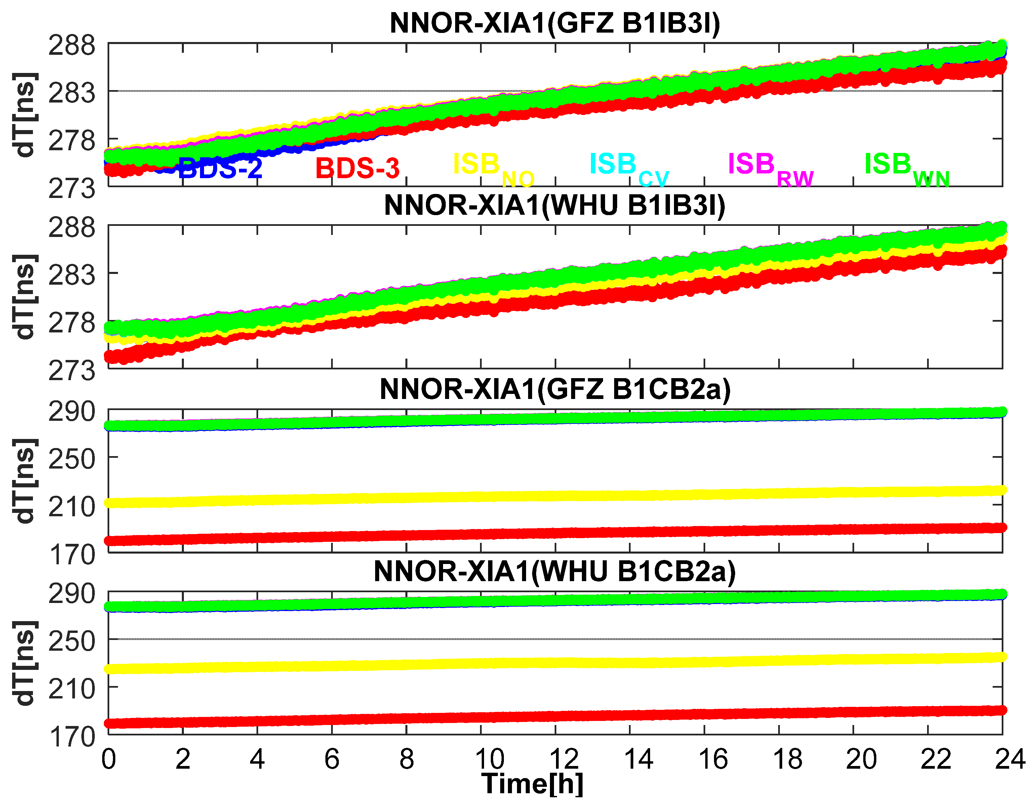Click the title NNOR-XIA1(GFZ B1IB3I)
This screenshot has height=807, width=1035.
point(554,23)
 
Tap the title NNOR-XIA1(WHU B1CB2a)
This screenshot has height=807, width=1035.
point(554,571)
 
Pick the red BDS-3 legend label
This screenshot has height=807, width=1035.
point(357,168)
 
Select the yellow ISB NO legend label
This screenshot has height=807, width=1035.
point(493,168)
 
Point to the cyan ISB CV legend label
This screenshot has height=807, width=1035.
point(628,168)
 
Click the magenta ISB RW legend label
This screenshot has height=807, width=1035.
point(770,168)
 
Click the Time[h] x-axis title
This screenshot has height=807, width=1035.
point(532,784)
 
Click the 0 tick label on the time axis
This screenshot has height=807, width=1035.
point(109,759)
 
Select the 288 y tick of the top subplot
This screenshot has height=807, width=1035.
point(72,46)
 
